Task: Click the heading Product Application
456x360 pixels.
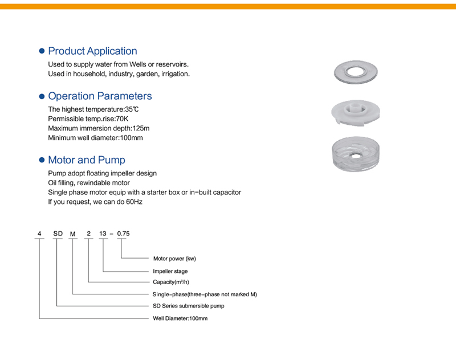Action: [92, 51]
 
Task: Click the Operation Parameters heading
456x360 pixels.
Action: [100, 96]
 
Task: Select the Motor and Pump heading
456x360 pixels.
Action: [86, 160]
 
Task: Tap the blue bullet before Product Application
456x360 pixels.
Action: [41, 51]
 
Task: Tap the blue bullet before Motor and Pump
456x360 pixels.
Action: [41, 161]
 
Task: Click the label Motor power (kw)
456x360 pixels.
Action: [174, 258]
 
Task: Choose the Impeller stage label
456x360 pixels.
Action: [170, 271]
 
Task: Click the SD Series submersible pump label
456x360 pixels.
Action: [189, 306]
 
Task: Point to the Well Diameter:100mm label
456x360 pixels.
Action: [181, 318]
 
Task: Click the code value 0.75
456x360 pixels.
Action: [123, 233]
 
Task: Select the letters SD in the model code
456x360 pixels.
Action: [58, 233]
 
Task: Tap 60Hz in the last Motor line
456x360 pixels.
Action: [133, 202]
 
